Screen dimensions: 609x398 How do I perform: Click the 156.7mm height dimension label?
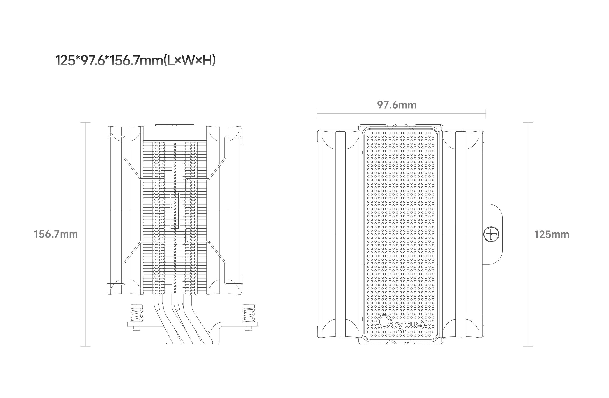[56, 234]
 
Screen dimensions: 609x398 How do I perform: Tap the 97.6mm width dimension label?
[397, 105]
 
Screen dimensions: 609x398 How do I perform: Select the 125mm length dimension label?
[552, 235]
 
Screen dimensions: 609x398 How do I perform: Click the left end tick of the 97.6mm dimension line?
[317, 113]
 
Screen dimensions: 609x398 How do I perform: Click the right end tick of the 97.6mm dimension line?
[486, 113]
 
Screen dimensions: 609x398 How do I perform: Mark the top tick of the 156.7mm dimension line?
[85, 123]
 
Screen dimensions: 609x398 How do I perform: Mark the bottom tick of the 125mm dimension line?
[528, 346]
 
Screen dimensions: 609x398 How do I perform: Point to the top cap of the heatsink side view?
[175, 133]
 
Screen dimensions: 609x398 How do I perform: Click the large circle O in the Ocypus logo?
[384, 322]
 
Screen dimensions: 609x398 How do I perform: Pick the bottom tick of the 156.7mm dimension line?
[85, 346]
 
